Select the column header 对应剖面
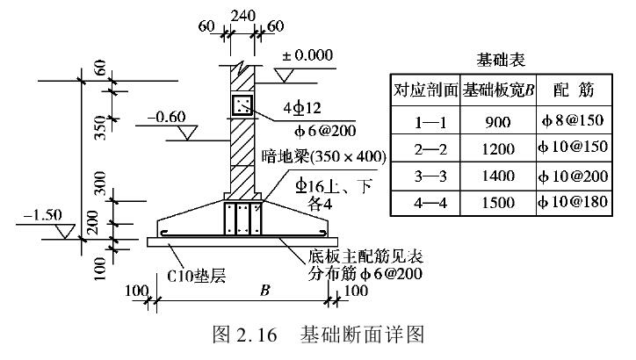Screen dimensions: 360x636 (426, 90)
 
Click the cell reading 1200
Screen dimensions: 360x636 (497, 148)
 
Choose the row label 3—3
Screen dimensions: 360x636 (426, 176)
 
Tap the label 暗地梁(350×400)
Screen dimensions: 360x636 (324, 157)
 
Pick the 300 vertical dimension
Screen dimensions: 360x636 (100, 183)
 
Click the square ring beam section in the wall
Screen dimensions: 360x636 (241, 106)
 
